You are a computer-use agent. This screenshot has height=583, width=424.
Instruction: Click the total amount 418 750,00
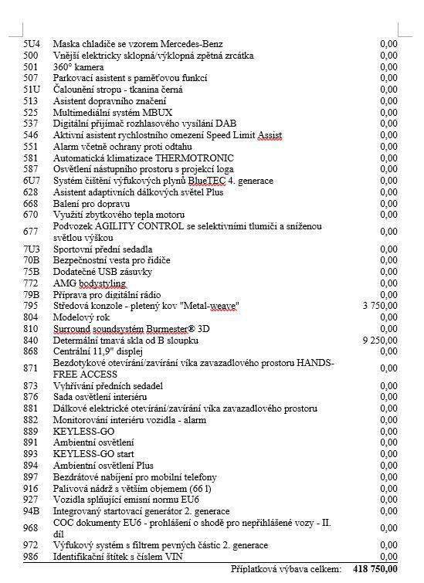click(375, 568)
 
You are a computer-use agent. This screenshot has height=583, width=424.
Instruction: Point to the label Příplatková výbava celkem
click(285, 568)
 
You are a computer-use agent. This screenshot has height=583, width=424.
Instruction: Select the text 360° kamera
click(78, 67)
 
